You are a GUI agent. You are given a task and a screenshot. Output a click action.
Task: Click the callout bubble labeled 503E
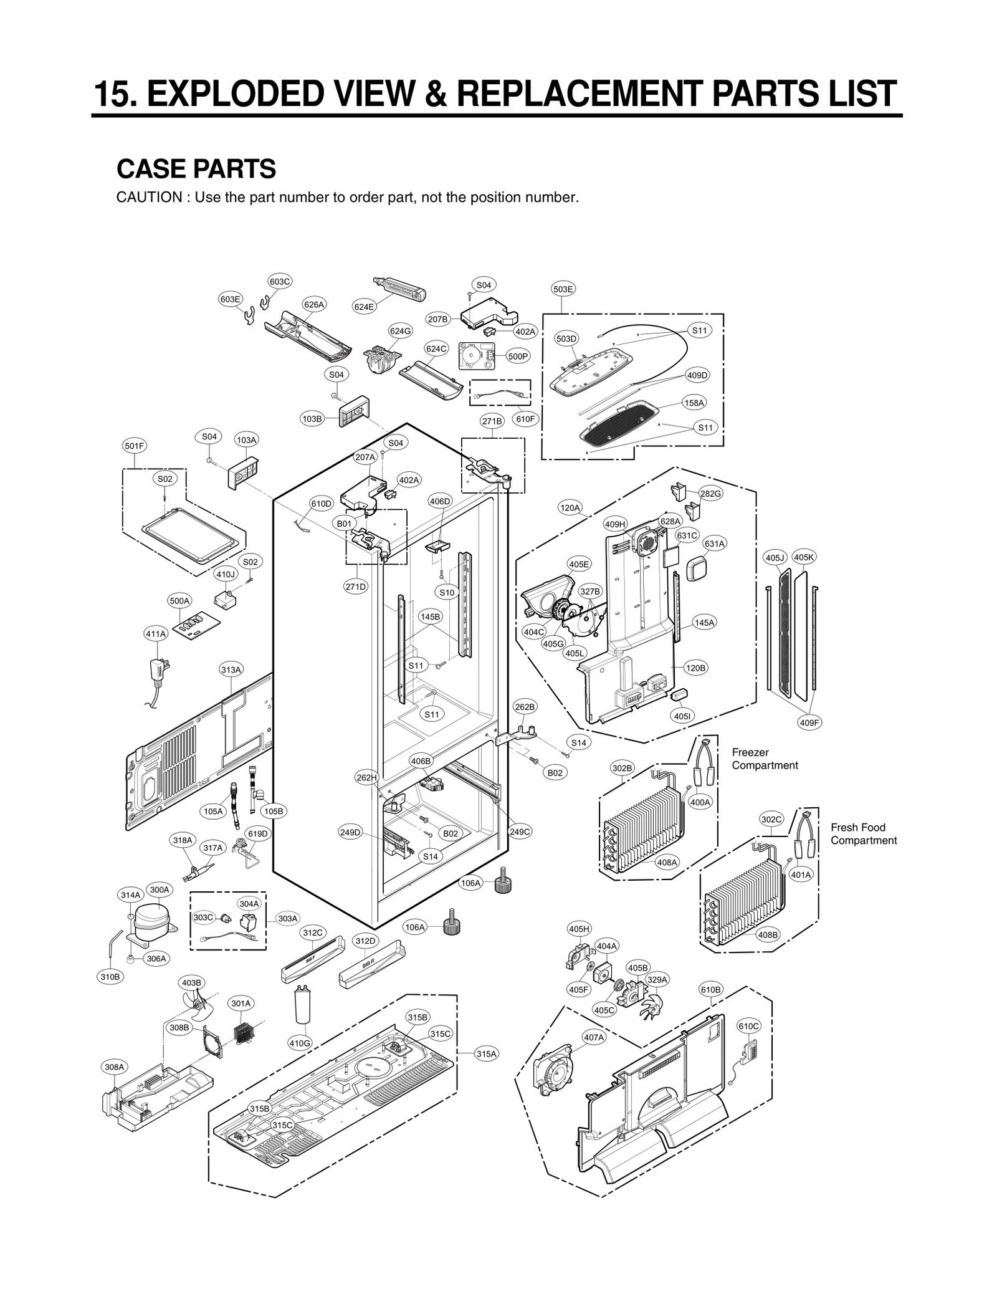pyautogui.click(x=563, y=289)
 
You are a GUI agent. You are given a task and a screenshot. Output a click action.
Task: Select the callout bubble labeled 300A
pyautogui.click(x=160, y=889)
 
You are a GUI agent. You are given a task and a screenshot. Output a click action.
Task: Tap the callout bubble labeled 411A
pyautogui.click(x=156, y=634)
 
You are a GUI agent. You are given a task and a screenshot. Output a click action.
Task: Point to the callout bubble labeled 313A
pyautogui.click(x=231, y=670)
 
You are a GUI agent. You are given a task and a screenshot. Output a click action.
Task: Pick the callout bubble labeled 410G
pyautogui.click(x=300, y=1043)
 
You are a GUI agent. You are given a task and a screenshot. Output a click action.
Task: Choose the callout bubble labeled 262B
pyautogui.click(x=525, y=707)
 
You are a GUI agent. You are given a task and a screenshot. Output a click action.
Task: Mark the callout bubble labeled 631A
pyautogui.click(x=715, y=544)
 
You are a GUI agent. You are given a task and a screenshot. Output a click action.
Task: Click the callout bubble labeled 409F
pyautogui.click(x=809, y=722)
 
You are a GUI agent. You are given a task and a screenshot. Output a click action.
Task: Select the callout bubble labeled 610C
pyautogui.click(x=748, y=1026)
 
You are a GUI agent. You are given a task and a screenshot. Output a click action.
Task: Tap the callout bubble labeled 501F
pyautogui.click(x=134, y=446)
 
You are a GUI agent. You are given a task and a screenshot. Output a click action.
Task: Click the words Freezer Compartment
pyautogui.click(x=765, y=759)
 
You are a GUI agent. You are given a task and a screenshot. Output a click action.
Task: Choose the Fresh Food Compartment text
pyautogui.click(x=863, y=833)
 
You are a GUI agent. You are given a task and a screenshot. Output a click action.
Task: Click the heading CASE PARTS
pyautogui.click(x=196, y=169)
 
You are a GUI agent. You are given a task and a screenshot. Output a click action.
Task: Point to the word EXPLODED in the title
pyautogui.click(x=237, y=94)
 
